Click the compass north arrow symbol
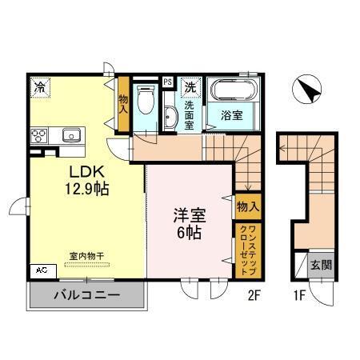[x=308, y=90]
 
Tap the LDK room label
[x=83, y=173]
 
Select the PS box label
[x=167, y=82]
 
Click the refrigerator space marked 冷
[x=38, y=84]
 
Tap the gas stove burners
[x=38, y=135]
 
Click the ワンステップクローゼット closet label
[x=244, y=250]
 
